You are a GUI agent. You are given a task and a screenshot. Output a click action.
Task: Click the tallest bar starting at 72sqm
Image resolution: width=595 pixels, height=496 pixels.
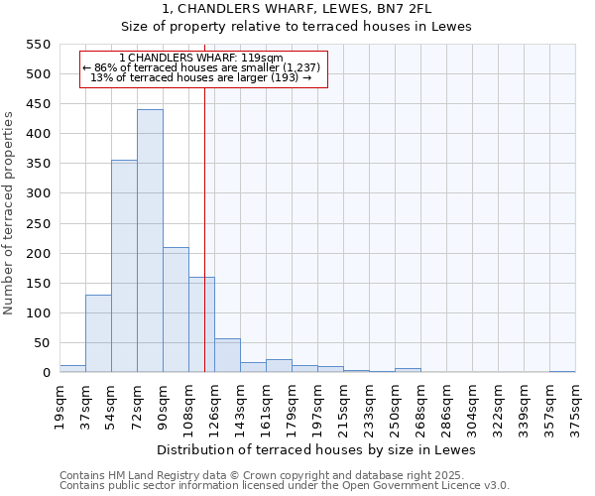(x=150, y=241)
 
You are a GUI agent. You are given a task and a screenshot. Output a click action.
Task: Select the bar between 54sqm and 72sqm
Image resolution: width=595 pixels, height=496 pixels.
(x=124, y=266)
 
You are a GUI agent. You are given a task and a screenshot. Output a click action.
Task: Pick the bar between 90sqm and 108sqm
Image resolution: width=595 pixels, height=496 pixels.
(x=176, y=310)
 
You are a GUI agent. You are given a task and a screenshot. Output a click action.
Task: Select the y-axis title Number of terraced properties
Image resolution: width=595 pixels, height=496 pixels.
(x=10, y=213)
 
